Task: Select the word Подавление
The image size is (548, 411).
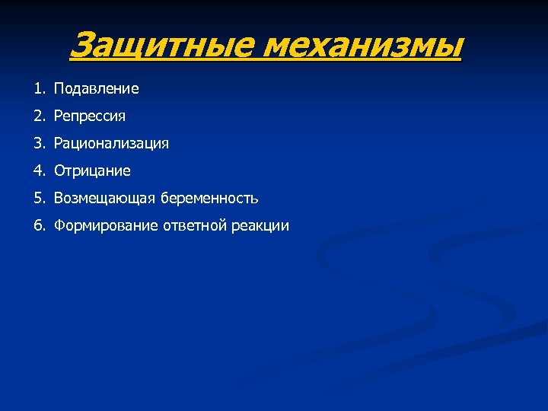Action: click(x=97, y=89)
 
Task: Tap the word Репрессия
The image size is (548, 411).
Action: click(x=90, y=116)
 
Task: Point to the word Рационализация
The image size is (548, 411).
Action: click(x=111, y=144)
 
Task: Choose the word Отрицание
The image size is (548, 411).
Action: click(x=92, y=171)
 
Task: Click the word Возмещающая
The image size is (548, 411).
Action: click(x=104, y=199)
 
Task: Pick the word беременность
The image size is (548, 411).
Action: click(x=209, y=199)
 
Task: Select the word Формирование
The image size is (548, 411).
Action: click(x=106, y=226)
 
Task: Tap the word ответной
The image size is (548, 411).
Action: click(x=190, y=226)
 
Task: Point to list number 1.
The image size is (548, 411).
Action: click(x=38, y=89)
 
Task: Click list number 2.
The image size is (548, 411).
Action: click(x=38, y=116)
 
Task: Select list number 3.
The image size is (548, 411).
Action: click(x=38, y=144)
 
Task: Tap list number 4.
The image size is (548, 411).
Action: click(x=38, y=171)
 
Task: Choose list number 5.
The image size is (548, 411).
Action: click(x=38, y=199)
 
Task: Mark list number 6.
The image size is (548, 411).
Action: click(x=38, y=226)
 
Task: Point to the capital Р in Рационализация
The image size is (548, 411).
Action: click(x=58, y=144)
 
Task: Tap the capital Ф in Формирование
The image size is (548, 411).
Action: click(x=59, y=226)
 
